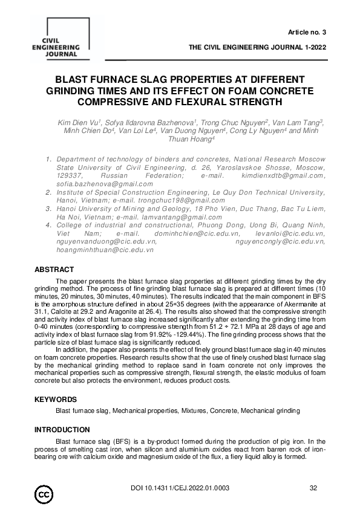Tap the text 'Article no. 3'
[309, 31]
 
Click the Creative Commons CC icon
[44, 494]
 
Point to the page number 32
[313, 488]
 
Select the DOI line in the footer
[179, 488]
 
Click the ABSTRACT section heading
[54, 270]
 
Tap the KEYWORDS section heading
[56, 400]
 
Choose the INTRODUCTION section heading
[63, 429]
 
